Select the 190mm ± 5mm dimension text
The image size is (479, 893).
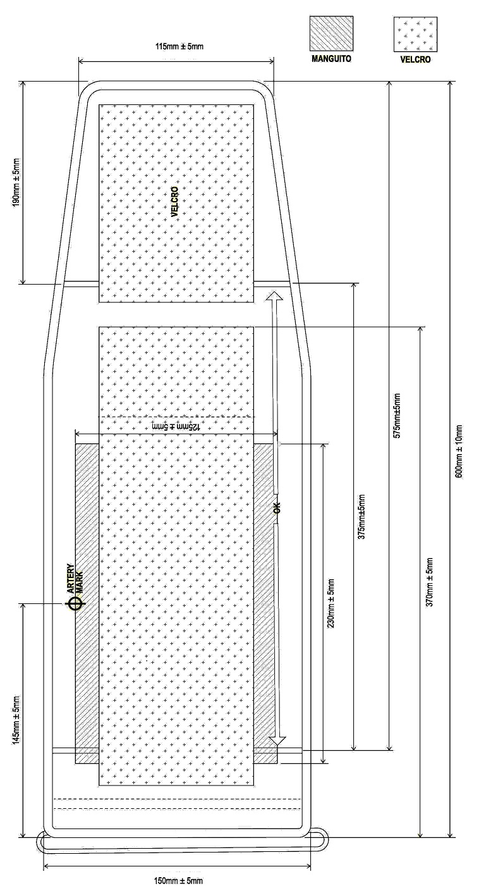pyautogui.click(x=16, y=182)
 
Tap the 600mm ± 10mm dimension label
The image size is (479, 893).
pyautogui.click(x=458, y=452)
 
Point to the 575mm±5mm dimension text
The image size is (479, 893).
pyautogui.click(x=396, y=416)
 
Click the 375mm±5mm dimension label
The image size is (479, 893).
pyautogui.click(x=361, y=517)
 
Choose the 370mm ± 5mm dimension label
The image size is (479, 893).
pyautogui.click(x=429, y=582)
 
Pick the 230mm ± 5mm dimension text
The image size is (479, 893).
pyautogui.click(x=331, y=603)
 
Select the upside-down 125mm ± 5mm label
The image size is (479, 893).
pyautogui.click(x=176, y=426)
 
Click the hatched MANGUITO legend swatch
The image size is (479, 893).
pyautogui.click(x=332, y=34)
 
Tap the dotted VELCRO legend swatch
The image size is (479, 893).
pyautogui.click(x=415, y=34)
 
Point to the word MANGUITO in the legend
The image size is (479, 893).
pyautogui.click(x=332, y=59)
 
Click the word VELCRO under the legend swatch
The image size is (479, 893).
pyautogui.click(x=415, y=60)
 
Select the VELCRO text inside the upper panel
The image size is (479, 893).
pyautogui.click(x=174, y=202)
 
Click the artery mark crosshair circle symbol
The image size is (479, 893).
pyautogui.click(x=75, y=604)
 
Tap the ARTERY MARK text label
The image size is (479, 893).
pyautogui.click(x=74, y=579)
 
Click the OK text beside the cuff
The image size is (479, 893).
pyautogui.click(x=277, y=507)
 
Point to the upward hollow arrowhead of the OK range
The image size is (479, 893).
pyautogui.click(x=274, y=295)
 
